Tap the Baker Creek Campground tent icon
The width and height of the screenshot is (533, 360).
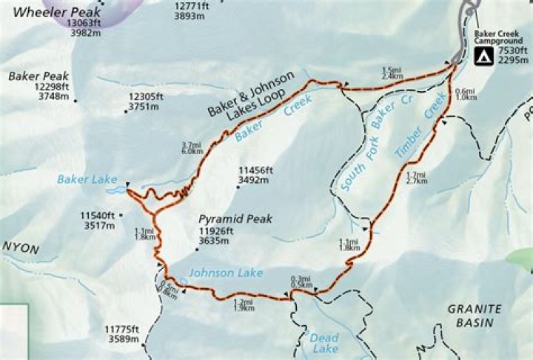pyautogui.click(x=483, y=56)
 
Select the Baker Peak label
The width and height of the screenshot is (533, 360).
pyautogui.click(x=39, y=76)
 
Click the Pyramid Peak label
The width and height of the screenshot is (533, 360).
pyautogui.click(x=235, y=219)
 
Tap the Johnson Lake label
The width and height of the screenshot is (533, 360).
pyautogui.click(x=225, y=273)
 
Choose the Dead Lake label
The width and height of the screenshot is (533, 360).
pyautogui.click(x=324, y=343)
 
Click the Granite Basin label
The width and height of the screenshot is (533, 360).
pyautogui.click(x=475, y=315)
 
